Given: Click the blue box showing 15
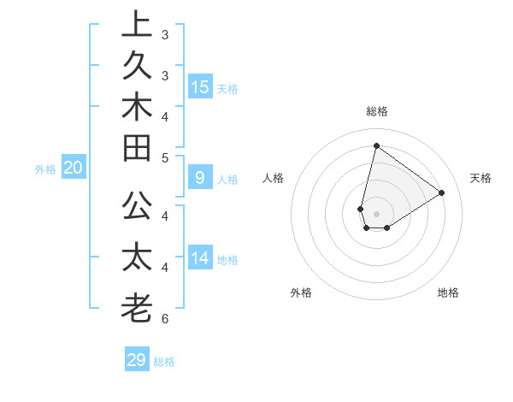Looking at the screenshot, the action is tap(200, 86).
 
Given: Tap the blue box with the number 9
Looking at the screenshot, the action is tap(200, 178).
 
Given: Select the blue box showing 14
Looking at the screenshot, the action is tap(200, 257).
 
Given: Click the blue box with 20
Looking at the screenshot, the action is tap(74, 168).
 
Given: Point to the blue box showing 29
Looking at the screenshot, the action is tap(137, 360).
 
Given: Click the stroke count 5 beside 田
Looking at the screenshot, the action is tap(164, 157).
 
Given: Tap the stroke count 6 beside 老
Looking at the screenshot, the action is tap(164, 319).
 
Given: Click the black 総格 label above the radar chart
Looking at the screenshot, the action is tap(376, 111).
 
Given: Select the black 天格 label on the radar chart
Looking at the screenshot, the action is tap(481, 178).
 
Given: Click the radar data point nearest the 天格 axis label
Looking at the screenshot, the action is tap(441, 192).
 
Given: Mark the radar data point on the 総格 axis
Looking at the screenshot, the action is tap(376, 145).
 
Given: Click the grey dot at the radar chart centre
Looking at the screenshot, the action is tap(376, 214).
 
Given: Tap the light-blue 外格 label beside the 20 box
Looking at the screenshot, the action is tap(45, 169).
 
